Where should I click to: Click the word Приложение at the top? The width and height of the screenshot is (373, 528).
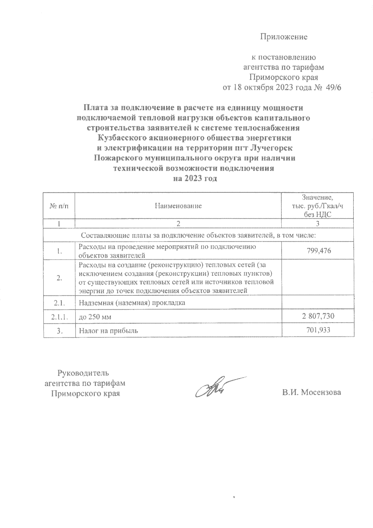[283, 37]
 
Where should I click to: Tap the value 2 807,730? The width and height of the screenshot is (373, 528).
[318, 316]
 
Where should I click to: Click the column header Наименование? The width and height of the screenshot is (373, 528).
[178, 206]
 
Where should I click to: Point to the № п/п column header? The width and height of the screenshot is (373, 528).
[59, 206]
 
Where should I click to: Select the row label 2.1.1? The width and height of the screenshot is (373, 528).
[59, 317]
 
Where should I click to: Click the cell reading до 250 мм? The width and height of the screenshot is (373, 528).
[95, 317]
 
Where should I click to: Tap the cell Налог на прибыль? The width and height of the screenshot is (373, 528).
[108, 331]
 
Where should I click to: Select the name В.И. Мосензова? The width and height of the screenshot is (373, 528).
[311, 392]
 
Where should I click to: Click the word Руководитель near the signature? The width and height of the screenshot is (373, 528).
[84, 373]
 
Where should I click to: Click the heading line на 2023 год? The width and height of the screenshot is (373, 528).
[195, 178]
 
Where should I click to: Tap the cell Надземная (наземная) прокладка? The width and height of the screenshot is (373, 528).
[132, 303]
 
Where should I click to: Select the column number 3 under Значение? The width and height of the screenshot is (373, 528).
[317, 224]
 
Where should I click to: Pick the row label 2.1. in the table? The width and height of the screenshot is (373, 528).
[59, 303]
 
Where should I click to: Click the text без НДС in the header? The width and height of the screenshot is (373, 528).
[317, 214]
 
